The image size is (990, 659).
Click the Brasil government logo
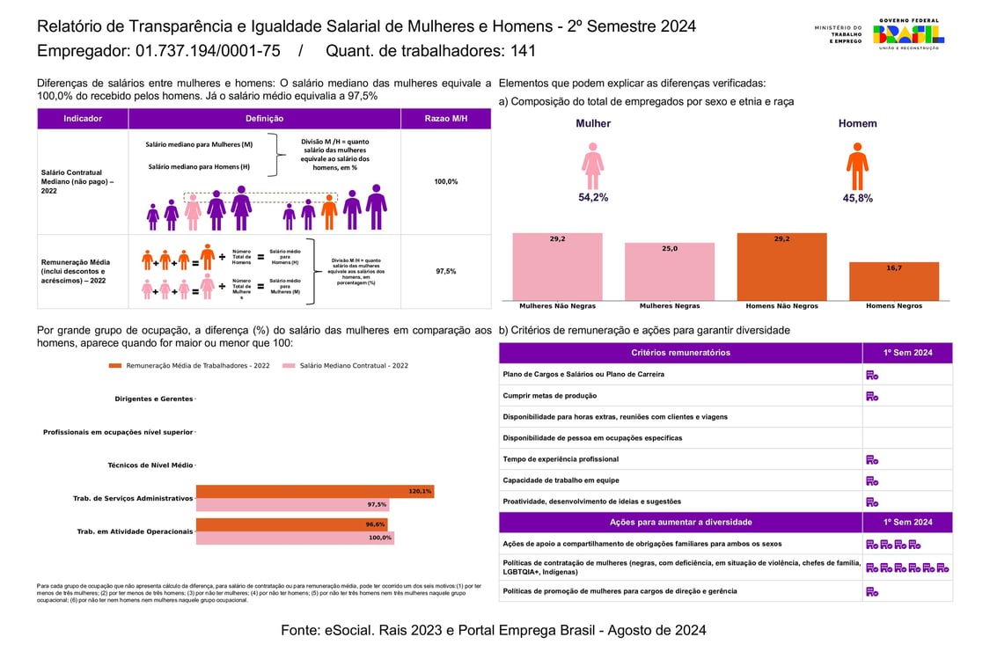pos(907,34)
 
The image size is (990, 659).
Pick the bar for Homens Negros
pos(894,281)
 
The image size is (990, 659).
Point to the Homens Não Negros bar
pos(781,267)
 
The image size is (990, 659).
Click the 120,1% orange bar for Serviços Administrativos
pos(314,492)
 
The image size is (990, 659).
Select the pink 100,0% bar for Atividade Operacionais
pos(295,538)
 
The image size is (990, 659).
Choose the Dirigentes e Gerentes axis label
pos(153,399)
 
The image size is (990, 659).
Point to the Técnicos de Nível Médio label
pos(150,465)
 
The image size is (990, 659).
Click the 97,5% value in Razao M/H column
pos(446,272)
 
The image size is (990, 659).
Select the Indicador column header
pos(83,119)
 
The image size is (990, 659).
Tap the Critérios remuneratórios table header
pos(680,353)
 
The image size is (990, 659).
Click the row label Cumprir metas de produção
pos(549,396)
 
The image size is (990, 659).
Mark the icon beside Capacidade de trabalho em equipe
pos(872,480)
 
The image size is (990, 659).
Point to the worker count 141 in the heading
pos(522,51)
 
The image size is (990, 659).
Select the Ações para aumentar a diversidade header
pos(680,523)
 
